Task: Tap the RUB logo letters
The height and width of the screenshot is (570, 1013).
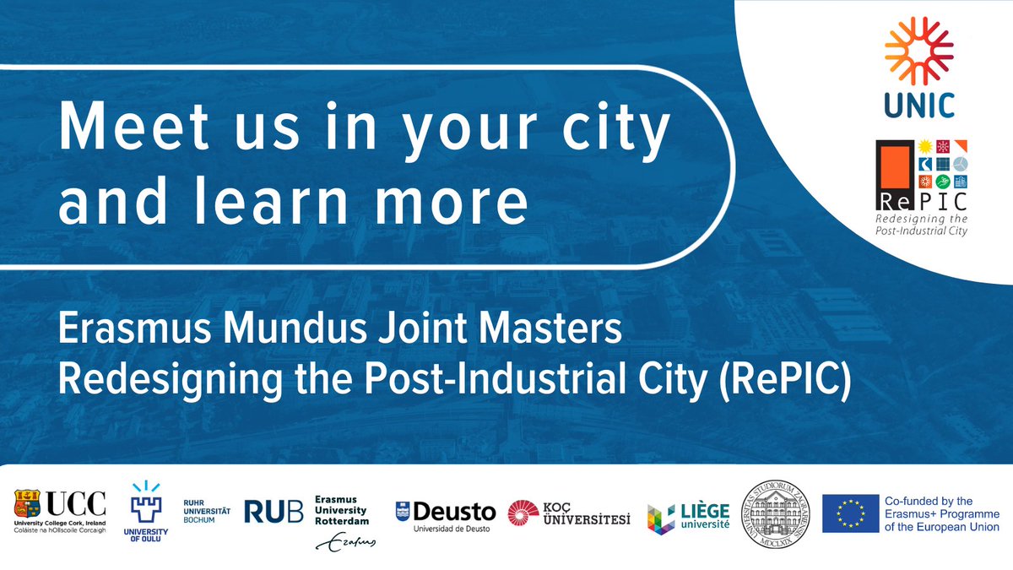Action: coord(274,511)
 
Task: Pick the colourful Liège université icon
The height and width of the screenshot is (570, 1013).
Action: coord(660,518)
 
